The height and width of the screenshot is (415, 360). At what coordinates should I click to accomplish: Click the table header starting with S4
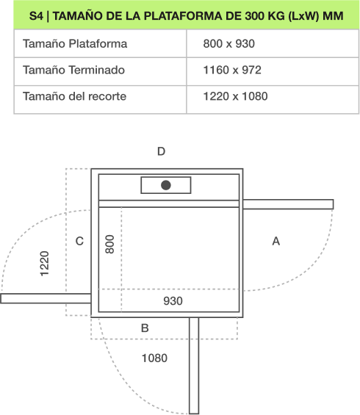click(x=187, y=16)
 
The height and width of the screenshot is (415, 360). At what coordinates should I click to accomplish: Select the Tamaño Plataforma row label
click(x=75, y=43)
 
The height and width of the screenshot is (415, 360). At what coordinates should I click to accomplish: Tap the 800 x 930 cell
click(x=229, y=43)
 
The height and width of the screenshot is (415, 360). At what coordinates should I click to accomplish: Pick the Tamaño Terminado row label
click(x=73, y=70)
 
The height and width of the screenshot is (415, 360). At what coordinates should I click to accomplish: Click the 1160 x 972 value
click(x=232, y=70)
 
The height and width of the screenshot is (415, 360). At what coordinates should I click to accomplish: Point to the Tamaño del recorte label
click(x=74, y=96)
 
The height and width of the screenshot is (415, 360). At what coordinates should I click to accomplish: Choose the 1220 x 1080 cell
click(x=235, y=96)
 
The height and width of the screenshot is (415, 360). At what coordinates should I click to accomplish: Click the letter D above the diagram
click(x=161, y=151)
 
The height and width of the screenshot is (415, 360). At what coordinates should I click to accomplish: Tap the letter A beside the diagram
click(x=276, y=241)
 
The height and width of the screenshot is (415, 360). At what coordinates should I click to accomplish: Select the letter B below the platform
click(x=145, y=328)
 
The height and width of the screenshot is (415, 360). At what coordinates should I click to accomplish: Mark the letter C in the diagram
click(x=79, y=241)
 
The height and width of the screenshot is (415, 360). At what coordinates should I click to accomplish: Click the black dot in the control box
click(x=166, y=185)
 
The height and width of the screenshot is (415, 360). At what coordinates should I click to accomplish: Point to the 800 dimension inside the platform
click(x=109, y=244)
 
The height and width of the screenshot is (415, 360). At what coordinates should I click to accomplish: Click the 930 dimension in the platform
click(x=173, y=301)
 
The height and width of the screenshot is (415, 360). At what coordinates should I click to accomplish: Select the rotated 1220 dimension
click(x=45, y=264)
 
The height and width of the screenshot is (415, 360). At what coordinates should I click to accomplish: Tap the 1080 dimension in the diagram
click(x=154, y=358)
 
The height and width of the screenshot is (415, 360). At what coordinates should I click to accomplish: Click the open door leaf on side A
click(x=288, y=204)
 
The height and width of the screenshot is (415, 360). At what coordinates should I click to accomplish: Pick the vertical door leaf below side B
click(x=194, y=365)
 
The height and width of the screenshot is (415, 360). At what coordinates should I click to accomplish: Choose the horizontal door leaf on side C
click(x=46, y=298)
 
